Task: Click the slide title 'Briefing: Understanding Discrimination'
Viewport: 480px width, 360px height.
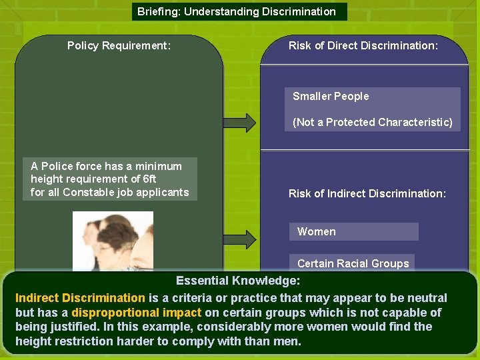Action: pyautogui.click(x=237, y=11)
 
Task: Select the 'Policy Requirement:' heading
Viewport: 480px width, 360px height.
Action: pyautogui.click(x=119, y=46)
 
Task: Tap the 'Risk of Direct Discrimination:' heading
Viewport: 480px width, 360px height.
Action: pyautogui.click(x=363, y=46)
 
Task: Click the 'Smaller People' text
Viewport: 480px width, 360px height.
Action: pyautogui.click(x=331, y=97)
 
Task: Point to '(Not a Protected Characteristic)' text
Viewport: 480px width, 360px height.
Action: pyautogui.click(x=372, y=122)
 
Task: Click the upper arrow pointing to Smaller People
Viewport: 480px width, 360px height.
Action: pyautogui.click(x=239, y=123)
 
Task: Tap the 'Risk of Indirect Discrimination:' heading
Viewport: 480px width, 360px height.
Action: pyautogui.click(x=367, y=194)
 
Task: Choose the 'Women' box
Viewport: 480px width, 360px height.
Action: pyautogui.click(x=353, y=231)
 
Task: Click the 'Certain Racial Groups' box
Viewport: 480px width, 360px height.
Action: pyautogui.click(x=352, y=263)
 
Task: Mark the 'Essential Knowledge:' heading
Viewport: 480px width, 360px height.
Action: pyautogui.click(x=238, y=281)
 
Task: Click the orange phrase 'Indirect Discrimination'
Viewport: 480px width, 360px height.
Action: pyautogui.click(x=80, y=298)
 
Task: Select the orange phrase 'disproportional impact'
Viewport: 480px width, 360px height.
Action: pyautogui.click(x=136, y=313)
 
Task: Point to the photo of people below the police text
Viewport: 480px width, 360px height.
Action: pyautogui.click(x=113, y=241)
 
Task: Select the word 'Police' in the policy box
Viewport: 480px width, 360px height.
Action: pyautogui.click(x=57, y=166)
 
